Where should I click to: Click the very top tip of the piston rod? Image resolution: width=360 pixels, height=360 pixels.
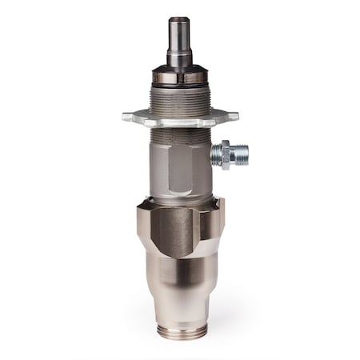tap(180, 19)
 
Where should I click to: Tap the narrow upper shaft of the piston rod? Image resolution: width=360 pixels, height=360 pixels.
tap(180, 36)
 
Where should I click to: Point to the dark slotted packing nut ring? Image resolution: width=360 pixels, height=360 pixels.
tap(180, 78)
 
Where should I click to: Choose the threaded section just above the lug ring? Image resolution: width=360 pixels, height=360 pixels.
tap(180, 100)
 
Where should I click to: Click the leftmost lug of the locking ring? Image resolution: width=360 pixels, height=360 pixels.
tap(129, 117)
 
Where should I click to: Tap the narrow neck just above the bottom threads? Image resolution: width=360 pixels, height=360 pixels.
tap(180, 317)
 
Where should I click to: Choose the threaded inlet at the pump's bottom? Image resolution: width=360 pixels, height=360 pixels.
tap(180, 331)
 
